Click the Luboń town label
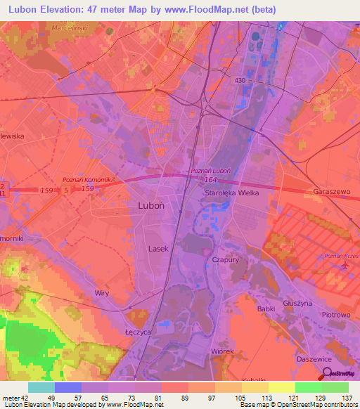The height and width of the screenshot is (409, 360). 147,207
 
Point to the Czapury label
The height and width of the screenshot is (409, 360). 225,259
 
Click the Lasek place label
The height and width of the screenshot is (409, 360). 158,249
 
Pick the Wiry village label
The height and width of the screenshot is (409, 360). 103,292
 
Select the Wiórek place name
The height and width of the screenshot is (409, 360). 222,350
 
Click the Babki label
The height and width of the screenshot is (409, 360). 266,309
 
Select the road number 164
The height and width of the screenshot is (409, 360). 212,180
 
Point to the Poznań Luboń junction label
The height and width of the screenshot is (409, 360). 212,171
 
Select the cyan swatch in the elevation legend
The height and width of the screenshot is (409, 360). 41,387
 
